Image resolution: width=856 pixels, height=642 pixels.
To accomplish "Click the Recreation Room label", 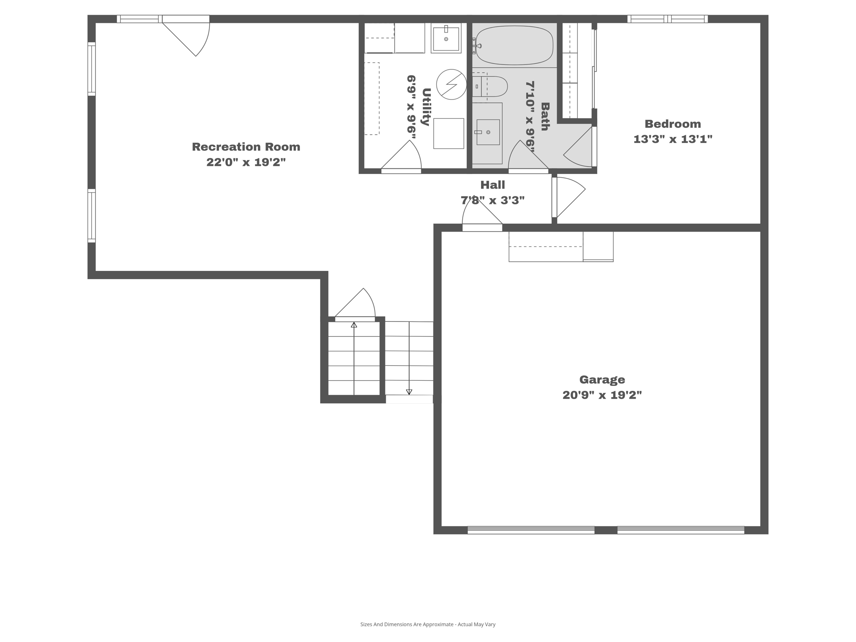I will point(246,147).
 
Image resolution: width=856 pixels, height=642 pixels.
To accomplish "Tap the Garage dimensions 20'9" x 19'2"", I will point(602,395).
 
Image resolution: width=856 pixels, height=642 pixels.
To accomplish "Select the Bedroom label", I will point(673,124).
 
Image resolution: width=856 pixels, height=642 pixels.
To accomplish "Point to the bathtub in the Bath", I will point(515,46).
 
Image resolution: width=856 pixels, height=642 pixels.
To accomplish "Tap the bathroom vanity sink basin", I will point(488,132).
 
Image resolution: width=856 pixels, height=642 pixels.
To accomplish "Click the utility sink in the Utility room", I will point(446,38).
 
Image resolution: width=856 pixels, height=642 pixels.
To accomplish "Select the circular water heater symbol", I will point(451,84).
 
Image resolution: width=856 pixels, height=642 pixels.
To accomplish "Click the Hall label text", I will point(492,185).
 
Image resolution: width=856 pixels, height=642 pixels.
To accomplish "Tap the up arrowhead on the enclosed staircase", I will point(354,325).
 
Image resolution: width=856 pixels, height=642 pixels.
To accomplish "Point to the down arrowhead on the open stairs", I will point(409,392).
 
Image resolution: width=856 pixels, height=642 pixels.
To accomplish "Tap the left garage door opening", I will point(531,530).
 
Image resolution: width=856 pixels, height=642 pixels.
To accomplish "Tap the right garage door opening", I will point(680,530).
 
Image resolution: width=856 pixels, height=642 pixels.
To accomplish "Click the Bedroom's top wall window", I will point(667,19).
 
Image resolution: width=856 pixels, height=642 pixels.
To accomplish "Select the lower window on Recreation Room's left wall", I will point(92,216).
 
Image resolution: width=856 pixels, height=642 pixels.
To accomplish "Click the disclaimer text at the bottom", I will point(428,624).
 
